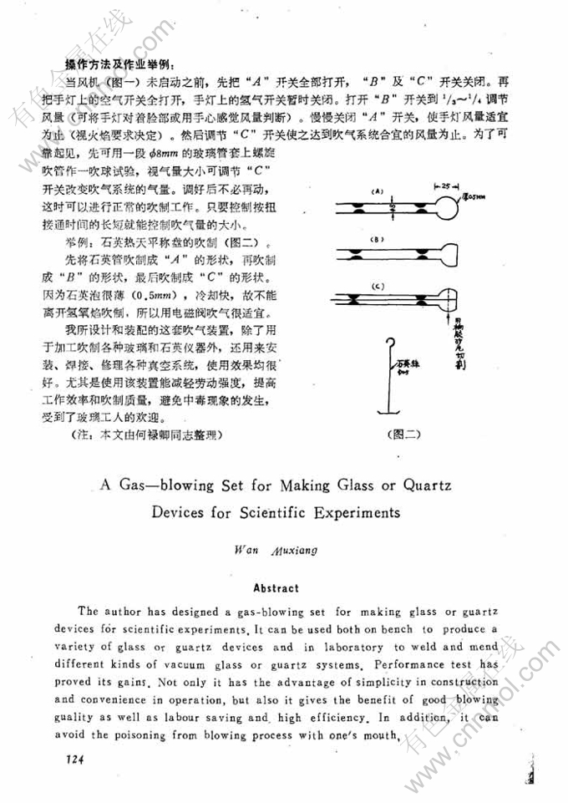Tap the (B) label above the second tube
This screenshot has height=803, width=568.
pos(377,239)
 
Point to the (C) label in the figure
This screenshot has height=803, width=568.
pos(378,287)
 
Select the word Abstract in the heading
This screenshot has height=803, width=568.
pos(276,588)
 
